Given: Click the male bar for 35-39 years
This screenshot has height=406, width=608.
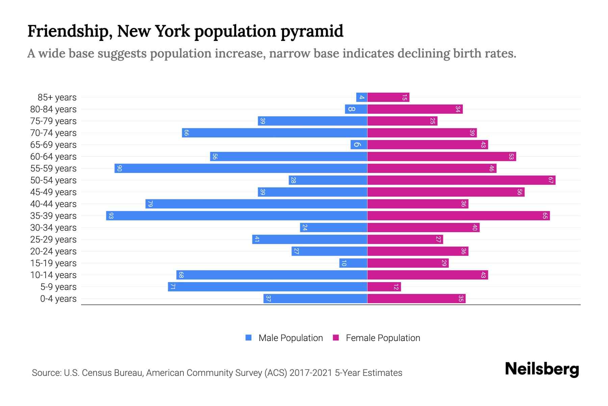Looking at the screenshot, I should point(236,216).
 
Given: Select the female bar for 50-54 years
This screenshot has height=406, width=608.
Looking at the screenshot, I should point(461,180).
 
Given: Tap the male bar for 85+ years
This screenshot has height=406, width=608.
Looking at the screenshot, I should point(362,97).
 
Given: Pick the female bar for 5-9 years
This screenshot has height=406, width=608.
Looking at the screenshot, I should point(384,287).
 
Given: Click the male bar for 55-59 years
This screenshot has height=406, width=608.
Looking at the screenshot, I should point(241,168).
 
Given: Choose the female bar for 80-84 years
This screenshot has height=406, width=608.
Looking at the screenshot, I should point(415,109).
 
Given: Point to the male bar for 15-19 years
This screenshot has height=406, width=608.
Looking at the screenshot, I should point(353,263).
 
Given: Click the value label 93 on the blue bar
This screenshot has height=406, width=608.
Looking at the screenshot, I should point(111,216).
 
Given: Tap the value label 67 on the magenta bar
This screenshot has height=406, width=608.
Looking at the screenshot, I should point(551,180).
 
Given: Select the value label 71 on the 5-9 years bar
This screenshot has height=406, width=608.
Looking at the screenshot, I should point(173,287).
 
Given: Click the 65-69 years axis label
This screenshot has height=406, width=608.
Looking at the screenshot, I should point(53,145).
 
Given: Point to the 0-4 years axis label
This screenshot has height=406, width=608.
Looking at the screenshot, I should point(58,299).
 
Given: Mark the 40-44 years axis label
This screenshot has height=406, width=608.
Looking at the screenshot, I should point(53,204).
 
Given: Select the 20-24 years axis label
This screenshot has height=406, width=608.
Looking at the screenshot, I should point(53,251).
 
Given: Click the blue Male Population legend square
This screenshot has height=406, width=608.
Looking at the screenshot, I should point(249,338).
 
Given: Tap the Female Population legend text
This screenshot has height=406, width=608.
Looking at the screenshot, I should point(383,338).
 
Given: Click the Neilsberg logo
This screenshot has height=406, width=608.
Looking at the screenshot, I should point(542,369).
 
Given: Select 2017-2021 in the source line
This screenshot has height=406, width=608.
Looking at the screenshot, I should point(311,373).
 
